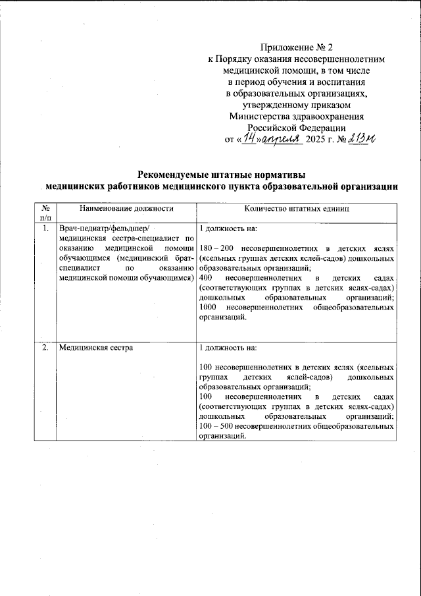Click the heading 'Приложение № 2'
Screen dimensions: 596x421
coord(297,47)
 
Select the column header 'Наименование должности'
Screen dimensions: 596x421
coord(126,209)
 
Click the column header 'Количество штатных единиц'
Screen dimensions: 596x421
coord(296,209)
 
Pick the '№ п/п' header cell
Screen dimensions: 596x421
coord(45,213)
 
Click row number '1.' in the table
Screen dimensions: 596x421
coord(45,229)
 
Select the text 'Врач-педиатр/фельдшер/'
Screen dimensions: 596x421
coord(105,229)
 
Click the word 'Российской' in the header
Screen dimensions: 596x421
coord(271,128)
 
